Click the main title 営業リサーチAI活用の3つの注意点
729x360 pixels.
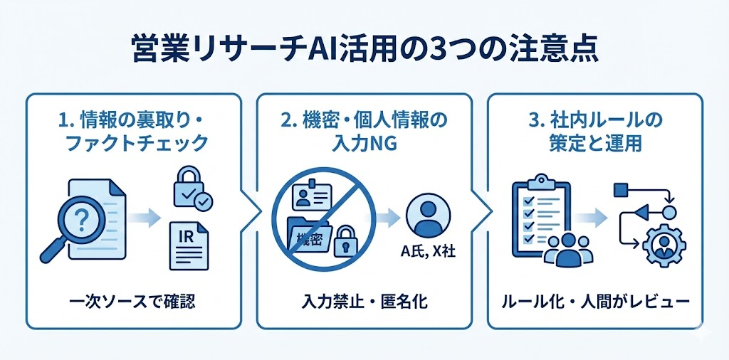coord(364,52)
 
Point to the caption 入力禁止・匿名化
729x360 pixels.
coord(364,302)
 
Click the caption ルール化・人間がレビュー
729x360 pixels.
coord(597,302)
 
